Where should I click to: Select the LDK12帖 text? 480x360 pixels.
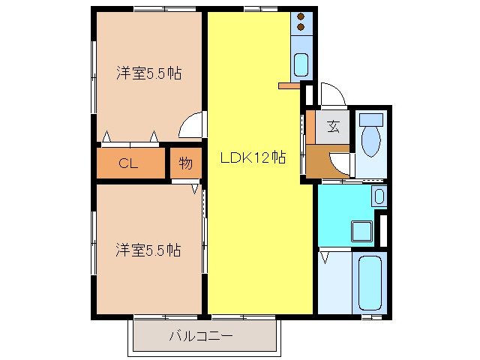click(x=253, y=157)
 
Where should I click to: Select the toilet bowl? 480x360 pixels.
click(x=370, y=140)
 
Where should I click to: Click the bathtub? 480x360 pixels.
click(x=370, y=283)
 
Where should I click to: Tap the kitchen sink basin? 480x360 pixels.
click(x=301, y=65)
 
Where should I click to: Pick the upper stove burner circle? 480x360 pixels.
click(x=301, y=17)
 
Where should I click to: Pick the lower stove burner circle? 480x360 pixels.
click(x=301, y=28)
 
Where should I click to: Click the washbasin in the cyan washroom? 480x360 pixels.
click(x=379, y=197)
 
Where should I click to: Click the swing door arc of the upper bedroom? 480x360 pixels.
click(x=192, y=124)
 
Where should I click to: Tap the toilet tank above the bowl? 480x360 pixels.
click(x=370, y=118)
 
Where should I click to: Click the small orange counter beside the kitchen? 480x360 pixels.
click(x=289, y=86)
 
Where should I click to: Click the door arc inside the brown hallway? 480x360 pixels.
click(x=342, y=163)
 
